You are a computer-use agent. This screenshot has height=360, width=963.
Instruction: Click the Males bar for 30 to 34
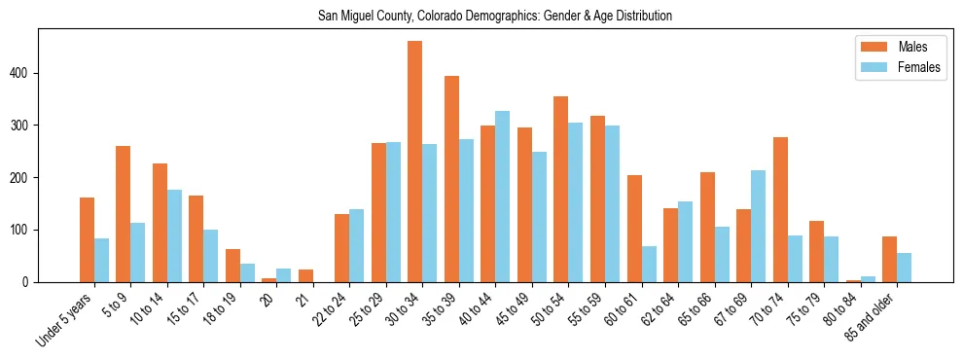click(415, 162)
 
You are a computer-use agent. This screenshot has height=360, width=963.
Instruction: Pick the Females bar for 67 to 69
click(758, 226)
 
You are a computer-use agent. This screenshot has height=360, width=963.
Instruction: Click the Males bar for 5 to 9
click(124, 214)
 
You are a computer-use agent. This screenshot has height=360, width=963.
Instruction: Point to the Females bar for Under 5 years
click(101, 260)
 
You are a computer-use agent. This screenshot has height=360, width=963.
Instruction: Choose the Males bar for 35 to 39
click(451, 179)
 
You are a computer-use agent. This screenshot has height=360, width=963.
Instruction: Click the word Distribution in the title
click(638, 17)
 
